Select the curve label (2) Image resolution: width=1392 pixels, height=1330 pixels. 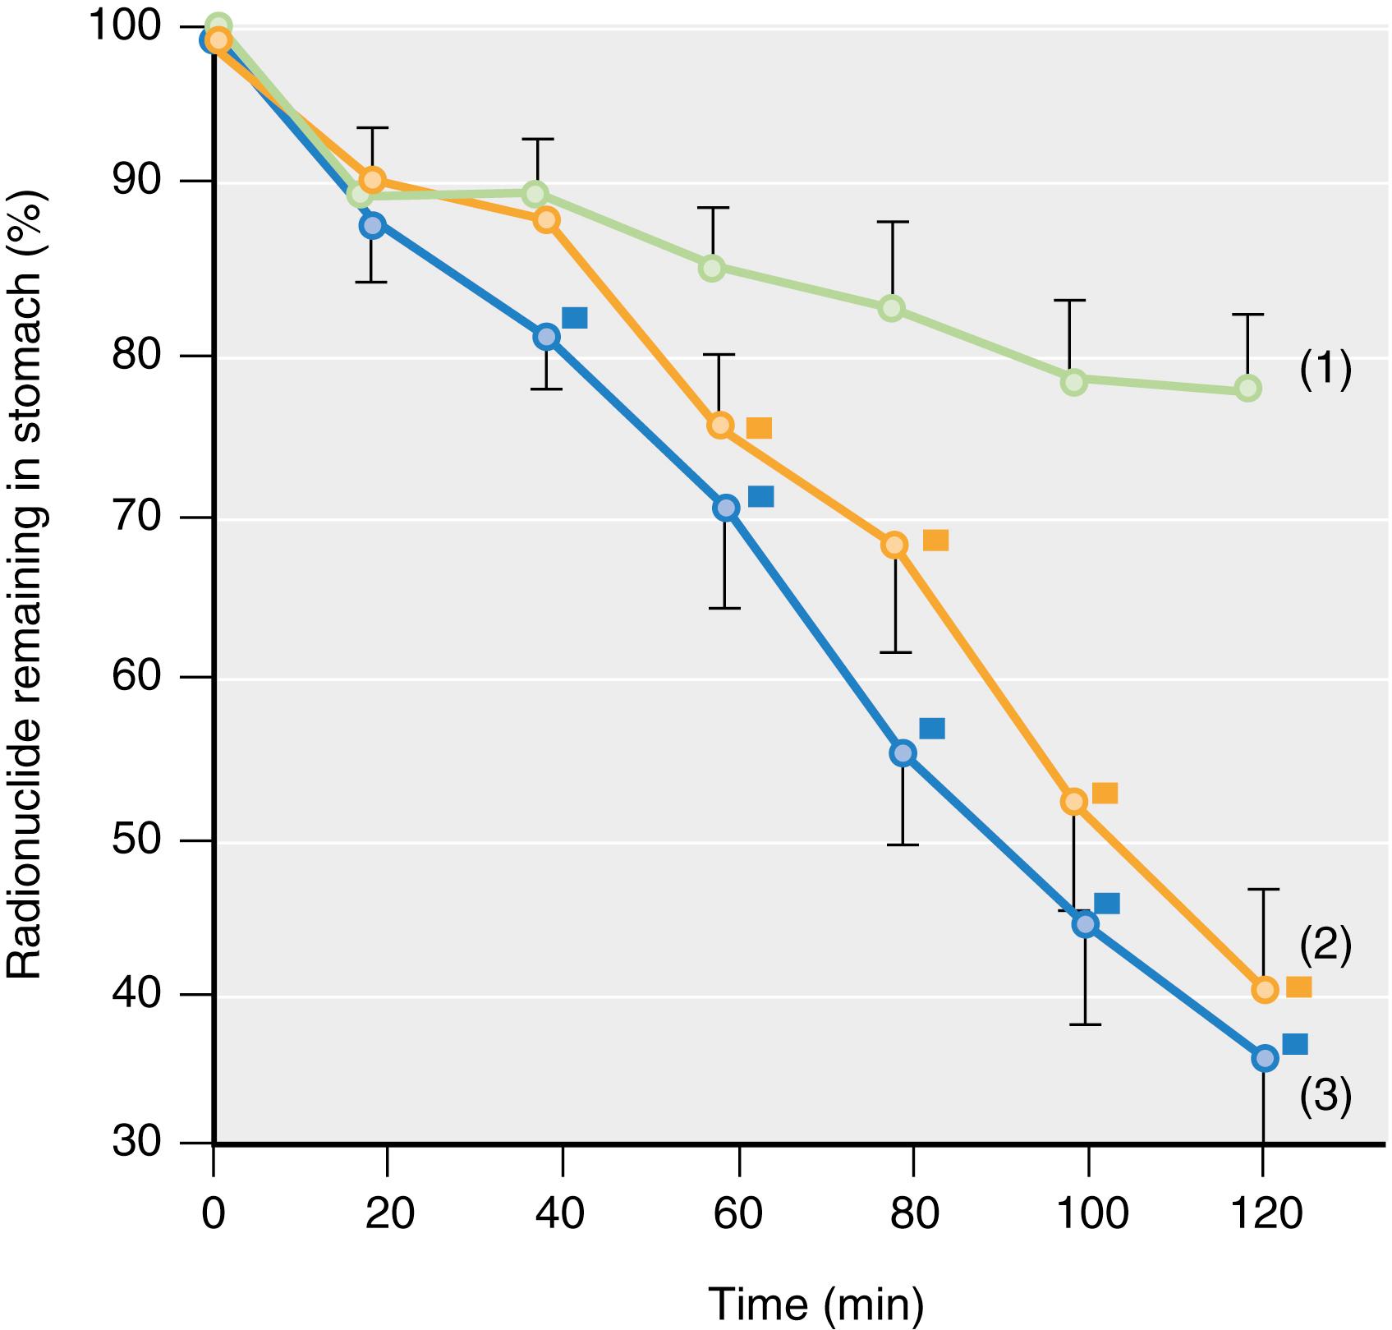(x=1325, y=946)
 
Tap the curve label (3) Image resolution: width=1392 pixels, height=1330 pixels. (x=1325, y=1097)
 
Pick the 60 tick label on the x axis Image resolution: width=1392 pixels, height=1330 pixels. (x=739, y=1213)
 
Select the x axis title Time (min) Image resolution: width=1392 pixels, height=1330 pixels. (x=815, y=1303)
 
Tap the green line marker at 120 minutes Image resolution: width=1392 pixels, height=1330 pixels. (x=1247, y=388)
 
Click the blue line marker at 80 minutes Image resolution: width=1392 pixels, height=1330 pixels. (x=903, y=752)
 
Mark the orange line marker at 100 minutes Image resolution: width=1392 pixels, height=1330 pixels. (x=1073, y=801)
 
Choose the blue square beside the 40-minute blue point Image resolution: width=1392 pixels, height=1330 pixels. (x=574, y=317)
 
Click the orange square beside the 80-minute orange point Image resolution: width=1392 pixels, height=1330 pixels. (x=935, y=540)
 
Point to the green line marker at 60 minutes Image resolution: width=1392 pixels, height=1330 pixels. (x=712, y=268)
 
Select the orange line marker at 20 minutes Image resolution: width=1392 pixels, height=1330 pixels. (x=372, y=179)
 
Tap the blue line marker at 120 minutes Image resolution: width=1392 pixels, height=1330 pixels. (x=1265, y=1058)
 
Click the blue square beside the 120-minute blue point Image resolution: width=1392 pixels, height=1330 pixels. (x=1294, y=1044)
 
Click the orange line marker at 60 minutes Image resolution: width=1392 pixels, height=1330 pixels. (x=720, y=425)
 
